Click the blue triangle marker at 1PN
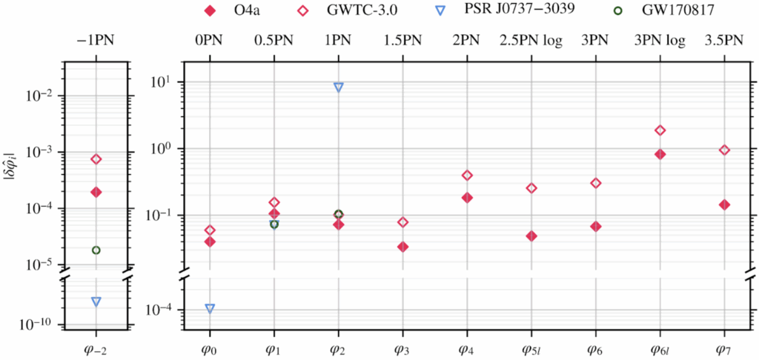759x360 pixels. pos(339,87)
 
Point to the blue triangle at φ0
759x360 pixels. pos(210,308)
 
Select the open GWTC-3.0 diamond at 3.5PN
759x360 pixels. pos(725,150)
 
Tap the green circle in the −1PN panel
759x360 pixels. pos(96,250)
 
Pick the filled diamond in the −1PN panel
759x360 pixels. pos(96,192)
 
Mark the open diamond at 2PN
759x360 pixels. pos(467,176)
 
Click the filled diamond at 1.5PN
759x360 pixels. pos(403,247)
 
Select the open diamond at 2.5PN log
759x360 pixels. pos(531,188)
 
